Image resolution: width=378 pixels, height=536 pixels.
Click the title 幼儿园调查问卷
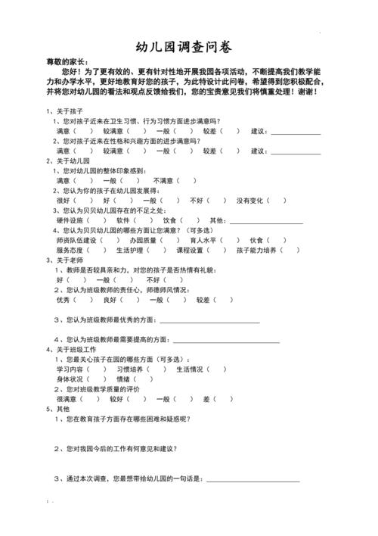point(188,45)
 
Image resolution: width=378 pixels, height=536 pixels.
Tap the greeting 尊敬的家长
point(66,61)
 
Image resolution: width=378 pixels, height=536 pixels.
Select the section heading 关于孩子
point(63,111)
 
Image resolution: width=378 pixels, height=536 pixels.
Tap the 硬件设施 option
point(69,220)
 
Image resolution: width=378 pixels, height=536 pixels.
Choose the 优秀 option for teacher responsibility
point(63,299)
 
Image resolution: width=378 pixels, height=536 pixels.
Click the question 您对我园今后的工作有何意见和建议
point(121,448)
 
